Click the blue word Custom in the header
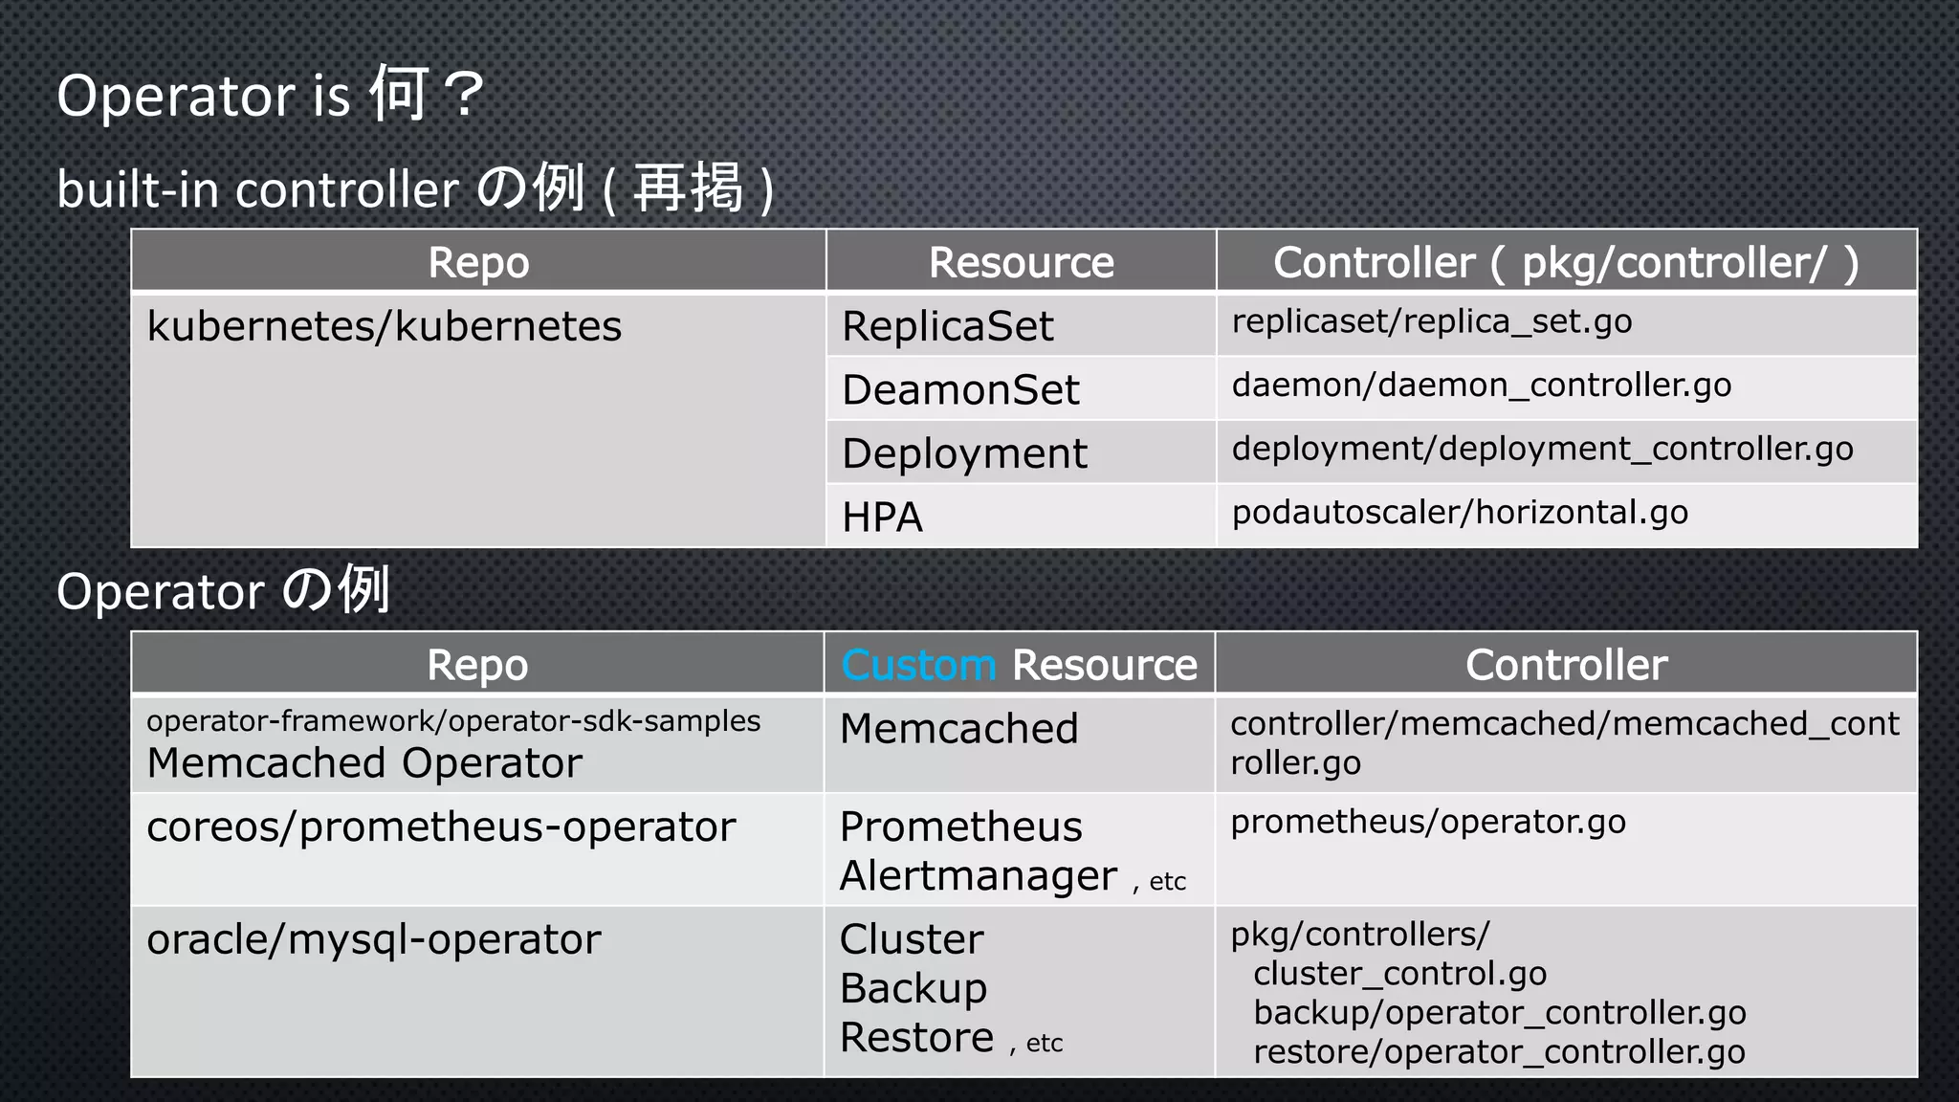point(918,665)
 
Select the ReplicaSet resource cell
point(947,326)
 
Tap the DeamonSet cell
point(960,390)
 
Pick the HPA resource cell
point(882,518)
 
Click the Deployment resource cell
point(964,453)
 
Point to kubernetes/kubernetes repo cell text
point(384,326)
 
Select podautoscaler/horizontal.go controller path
point(1460,513)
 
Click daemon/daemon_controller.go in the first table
point(1481,386)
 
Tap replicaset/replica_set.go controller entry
point(1431,321)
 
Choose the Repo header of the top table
point(478,262)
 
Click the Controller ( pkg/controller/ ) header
point(1566,262)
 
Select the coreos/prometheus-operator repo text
point(441,827)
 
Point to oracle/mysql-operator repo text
point(373,939)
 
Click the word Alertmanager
point(978,876)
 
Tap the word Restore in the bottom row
point(916,1038)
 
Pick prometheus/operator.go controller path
point(1427,822)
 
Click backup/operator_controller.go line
point(1499,1013)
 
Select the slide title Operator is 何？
point(270,95)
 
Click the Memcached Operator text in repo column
point(364,763)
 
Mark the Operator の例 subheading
point(223,590)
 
